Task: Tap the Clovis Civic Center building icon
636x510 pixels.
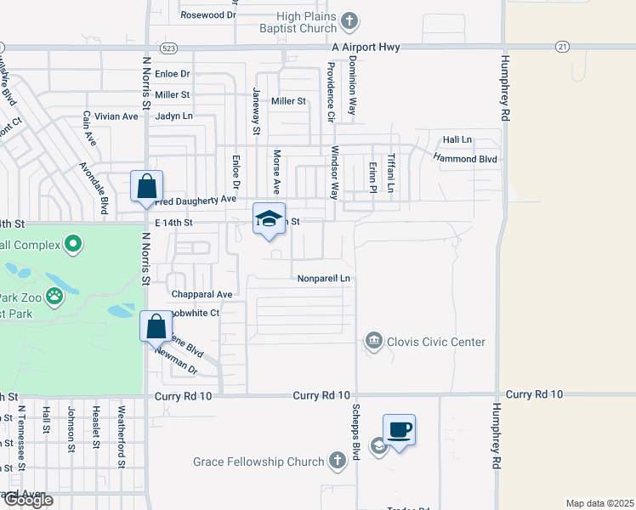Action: tap(373, 342)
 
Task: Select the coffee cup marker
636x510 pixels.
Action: tap(398, 429)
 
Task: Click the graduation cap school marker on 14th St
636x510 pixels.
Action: tap(269, 218)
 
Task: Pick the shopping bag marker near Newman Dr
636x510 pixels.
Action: tap(156, 326)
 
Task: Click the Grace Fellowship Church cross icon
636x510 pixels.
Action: tap(337, 462)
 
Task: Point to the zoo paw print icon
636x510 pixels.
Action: tap(54, 297)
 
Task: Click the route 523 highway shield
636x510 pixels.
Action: tap(167, 48)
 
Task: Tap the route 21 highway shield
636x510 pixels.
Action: tap(562, 46)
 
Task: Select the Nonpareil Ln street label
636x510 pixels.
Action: tap(324, 278)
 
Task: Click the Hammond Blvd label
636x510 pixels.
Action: tap(464, 158)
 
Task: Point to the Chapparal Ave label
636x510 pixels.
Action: tap(202, 294)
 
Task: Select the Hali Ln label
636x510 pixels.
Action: tap(457, 139)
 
